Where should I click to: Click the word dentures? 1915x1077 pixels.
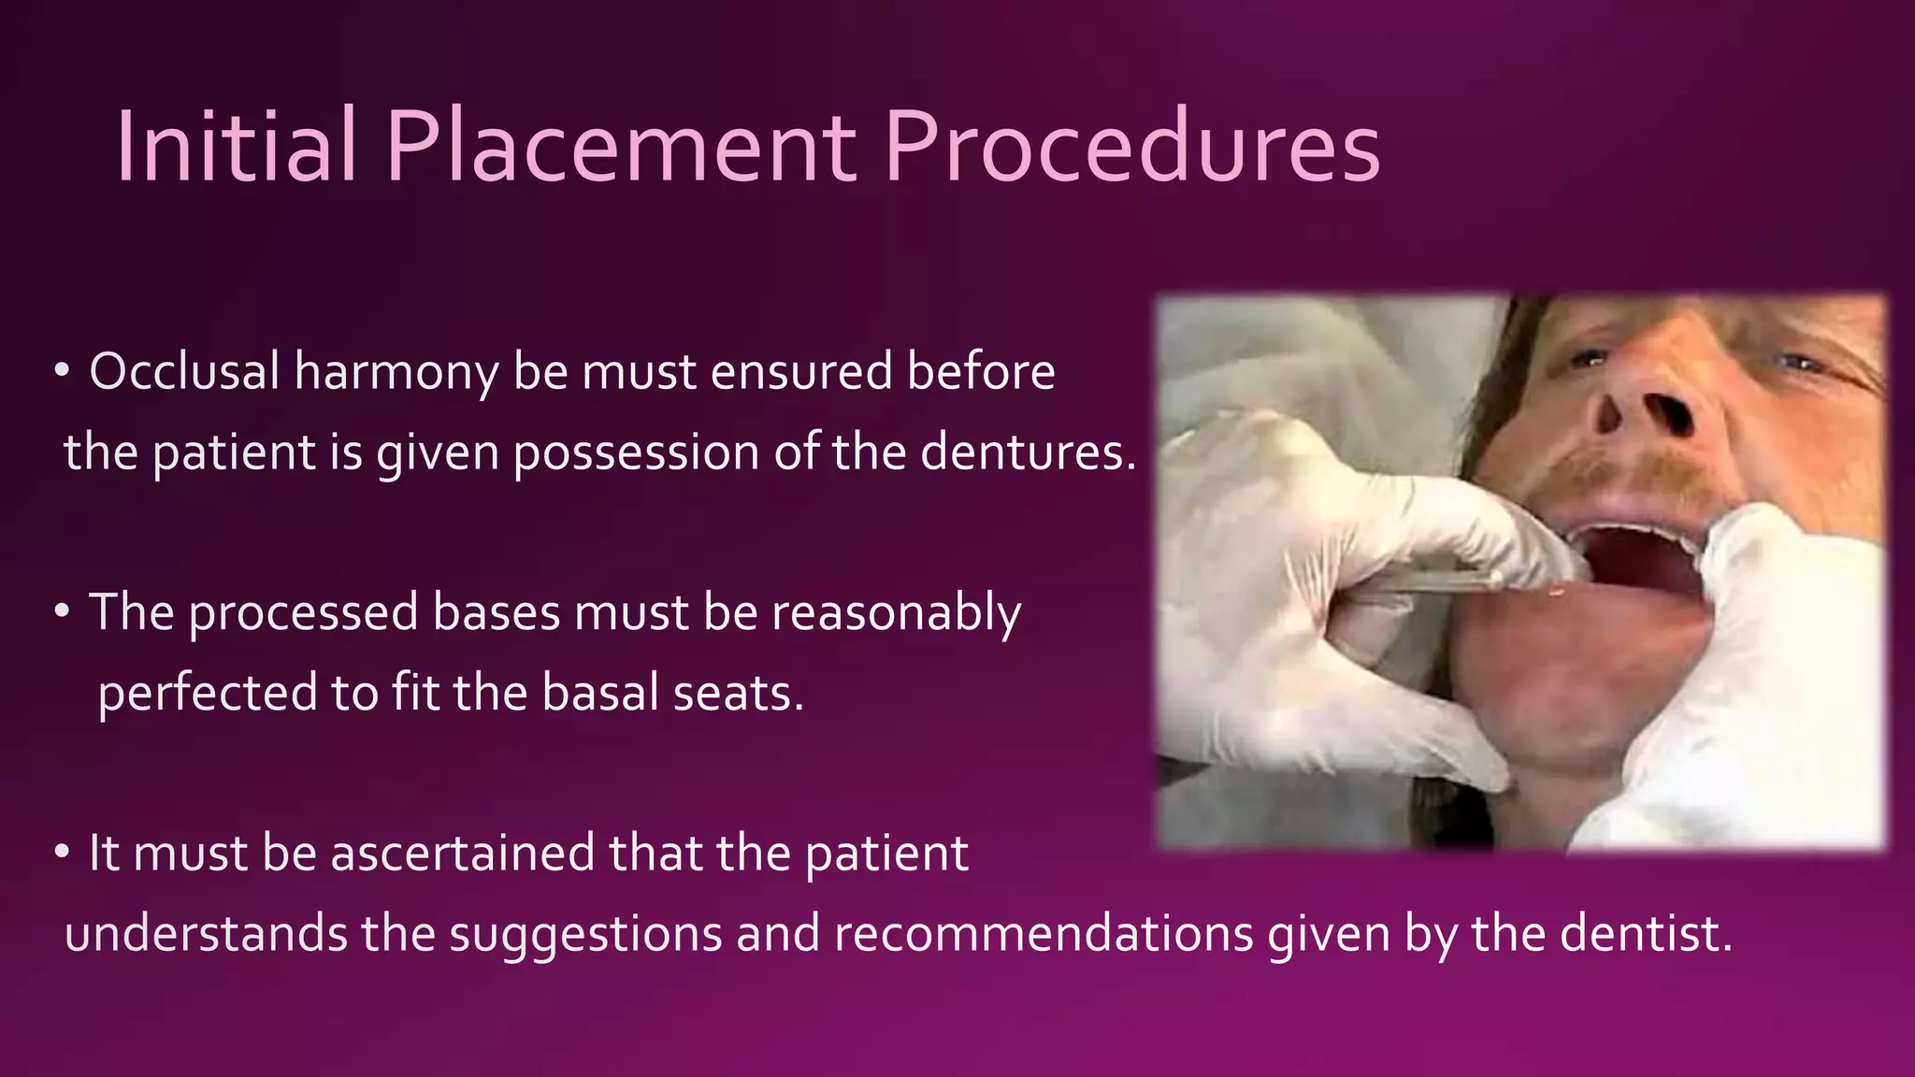1027,452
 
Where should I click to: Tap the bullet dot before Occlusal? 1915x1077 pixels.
63,372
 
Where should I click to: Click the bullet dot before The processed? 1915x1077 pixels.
63,612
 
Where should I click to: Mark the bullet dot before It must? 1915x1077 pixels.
63,853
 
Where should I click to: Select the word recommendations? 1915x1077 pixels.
1043,934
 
